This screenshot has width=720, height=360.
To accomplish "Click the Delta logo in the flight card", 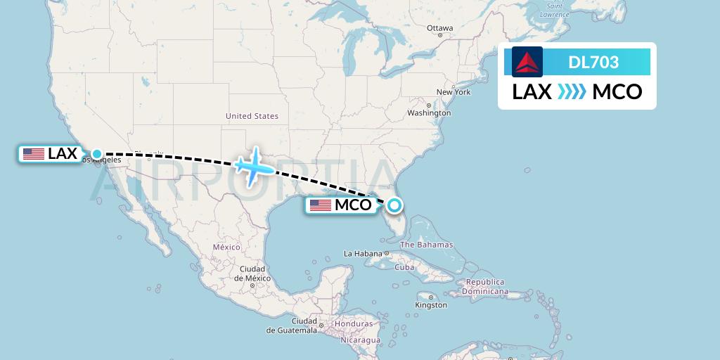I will click(x=527, y=62).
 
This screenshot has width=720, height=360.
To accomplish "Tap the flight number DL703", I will click(x=593, y=63).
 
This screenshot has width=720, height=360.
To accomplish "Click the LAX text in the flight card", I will click(x=532, y=92).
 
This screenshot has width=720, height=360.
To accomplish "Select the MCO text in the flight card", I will click(x=617, y=92).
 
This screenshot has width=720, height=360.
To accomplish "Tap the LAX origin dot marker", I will click(x=97, y=154).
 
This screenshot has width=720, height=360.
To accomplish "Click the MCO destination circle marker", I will click(x=394, y=205).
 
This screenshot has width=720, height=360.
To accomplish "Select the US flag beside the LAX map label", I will click(x=33, y=154).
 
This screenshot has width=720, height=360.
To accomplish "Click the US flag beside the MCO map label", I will click(x=321, y=205).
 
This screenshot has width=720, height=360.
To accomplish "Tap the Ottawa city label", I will click(x=439, y=28).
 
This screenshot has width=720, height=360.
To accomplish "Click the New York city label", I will click(x=454, y=92).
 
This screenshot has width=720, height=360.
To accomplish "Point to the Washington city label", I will click(x=429, y=112).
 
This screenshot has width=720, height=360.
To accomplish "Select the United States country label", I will click(x=252, y=116).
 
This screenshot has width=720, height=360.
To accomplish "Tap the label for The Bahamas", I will click(x=426, y=245).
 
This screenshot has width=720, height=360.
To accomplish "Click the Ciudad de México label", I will click(x=252, y=274).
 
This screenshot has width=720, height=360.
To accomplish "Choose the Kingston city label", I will click(x=431, y=305).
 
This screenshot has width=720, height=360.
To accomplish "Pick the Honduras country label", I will click(x=354, y=323).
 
